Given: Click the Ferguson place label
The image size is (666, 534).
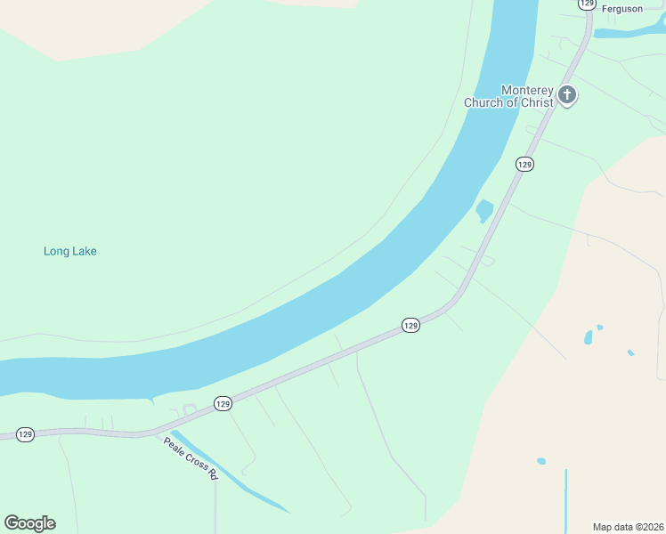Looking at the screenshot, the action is pos(621,8).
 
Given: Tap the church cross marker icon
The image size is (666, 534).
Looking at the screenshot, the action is pos(567,93).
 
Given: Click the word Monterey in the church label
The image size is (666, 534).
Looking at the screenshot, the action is pos(527,90).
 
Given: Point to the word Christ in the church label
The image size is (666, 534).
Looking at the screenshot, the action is pos(538,102).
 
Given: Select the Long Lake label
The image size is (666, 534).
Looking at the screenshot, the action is pos(70,251).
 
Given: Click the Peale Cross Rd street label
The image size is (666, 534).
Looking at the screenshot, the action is pos(191,457).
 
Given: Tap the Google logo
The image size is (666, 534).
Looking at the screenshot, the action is pos(29,523).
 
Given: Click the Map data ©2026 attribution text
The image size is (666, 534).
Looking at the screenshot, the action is pos(627,526).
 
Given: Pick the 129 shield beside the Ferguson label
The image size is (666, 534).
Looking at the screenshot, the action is pos(586,4).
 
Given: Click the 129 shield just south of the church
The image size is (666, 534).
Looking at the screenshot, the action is pos(524,164).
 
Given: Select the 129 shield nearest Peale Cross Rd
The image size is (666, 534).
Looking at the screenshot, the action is pos(223,404).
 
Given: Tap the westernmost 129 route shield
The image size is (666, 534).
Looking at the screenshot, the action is pos(25,434).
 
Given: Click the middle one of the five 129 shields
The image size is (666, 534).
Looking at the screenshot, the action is pos(410,326).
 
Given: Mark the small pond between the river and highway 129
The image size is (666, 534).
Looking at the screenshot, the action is pos(484,211).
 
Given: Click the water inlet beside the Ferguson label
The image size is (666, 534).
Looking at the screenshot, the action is pos(628,33).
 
